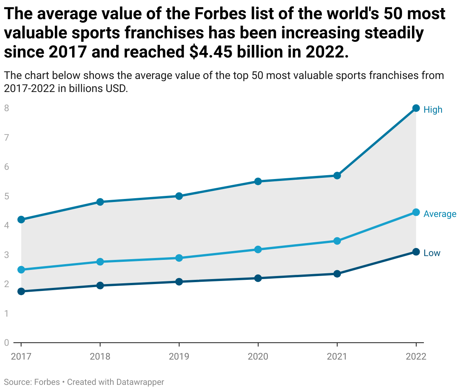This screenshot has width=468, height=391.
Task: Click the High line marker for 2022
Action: pos(416,108)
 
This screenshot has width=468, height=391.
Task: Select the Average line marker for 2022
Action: pos(416,212)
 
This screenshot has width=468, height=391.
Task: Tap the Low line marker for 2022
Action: pos(416,252)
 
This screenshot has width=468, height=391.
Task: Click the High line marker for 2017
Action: pos(21,220)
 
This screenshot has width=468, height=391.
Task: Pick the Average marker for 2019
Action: pos(179,258)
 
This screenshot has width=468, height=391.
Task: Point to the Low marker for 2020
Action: pos(258,278)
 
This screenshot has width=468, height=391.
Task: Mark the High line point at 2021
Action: pos(337,176)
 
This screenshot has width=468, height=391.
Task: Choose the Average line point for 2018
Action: pos(100,262)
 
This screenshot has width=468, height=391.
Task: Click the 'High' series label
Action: pos(433,110)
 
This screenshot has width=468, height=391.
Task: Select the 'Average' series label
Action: pos(440,214)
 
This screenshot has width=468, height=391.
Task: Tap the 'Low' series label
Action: pos(432,253)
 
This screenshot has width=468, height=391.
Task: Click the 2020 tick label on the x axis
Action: pos(258,356)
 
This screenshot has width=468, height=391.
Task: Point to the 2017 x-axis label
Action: pos(21,356)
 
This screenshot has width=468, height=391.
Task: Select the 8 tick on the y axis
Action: pos(7,108)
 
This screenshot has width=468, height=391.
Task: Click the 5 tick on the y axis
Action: pos(7,196)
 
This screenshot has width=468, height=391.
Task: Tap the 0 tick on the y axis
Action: pos(7,342)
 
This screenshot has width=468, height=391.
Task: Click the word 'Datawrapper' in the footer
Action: pos(140,382)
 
